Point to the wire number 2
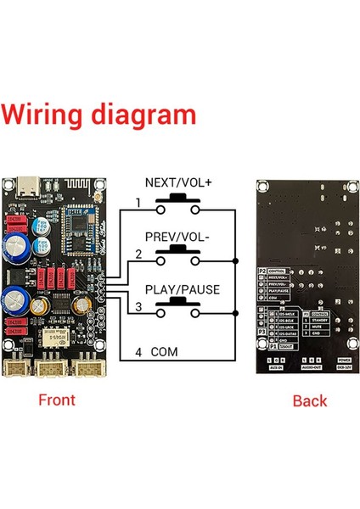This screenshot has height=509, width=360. [x=137, y=254]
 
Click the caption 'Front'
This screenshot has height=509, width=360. [x=57, y=400]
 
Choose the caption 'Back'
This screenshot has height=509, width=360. [x=309, y=400]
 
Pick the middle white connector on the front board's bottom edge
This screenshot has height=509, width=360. [x=50, y=367]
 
